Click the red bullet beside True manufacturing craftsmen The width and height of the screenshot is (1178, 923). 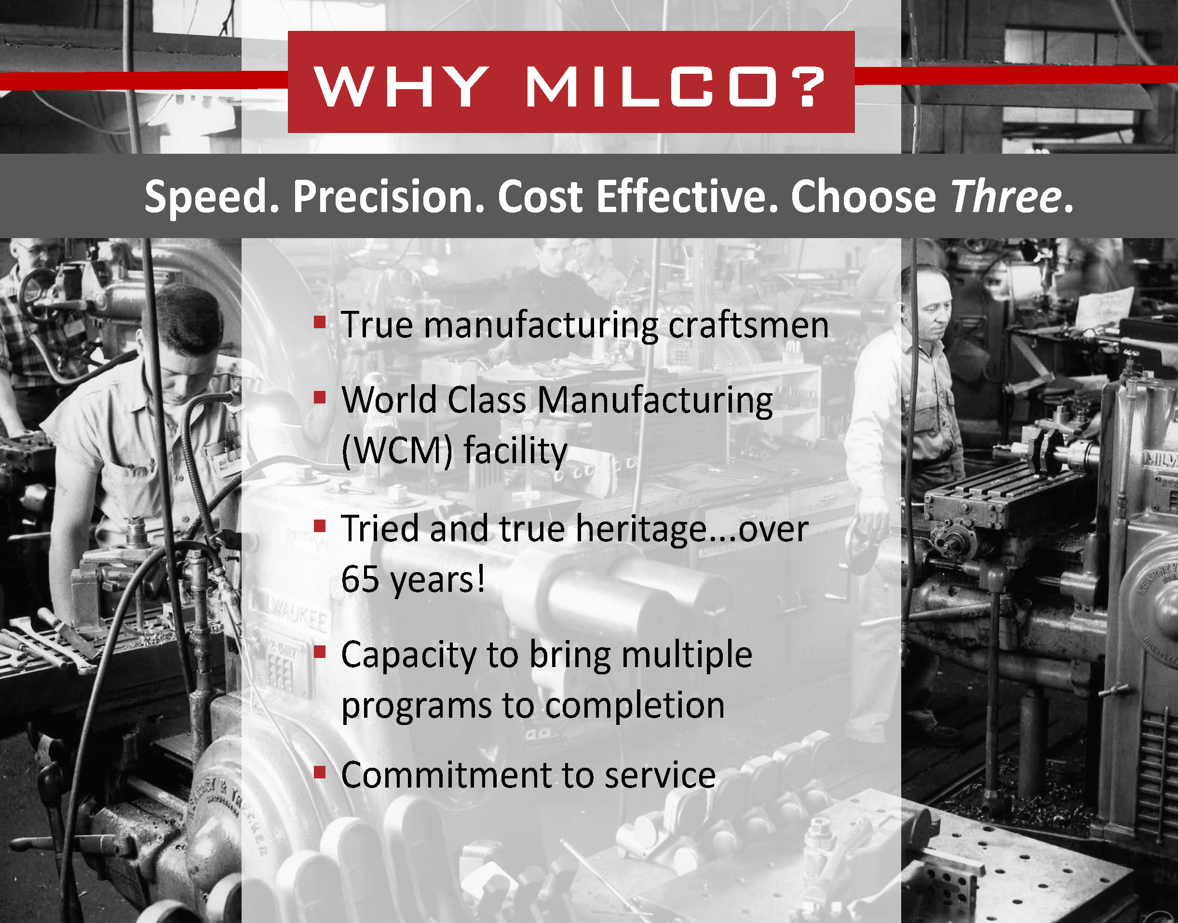pos(320,322)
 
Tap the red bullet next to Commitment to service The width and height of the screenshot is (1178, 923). pos(320,772)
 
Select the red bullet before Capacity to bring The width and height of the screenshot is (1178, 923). pos(320,652)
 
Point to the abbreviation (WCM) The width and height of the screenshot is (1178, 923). pos(397,451)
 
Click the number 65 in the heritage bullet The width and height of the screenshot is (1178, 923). pos(360,579)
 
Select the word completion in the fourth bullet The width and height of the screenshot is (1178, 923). pos(635,706)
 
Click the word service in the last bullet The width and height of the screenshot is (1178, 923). pos(660,775)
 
